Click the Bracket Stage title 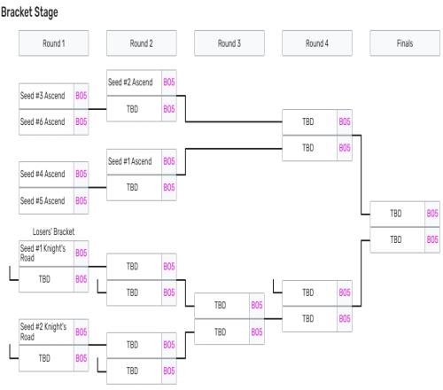(x=29, y=12)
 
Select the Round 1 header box (x=53, y=43)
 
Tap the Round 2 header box (x=142, y=43)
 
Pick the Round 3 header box (x=229, y=43)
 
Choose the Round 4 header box (x=317, y=43)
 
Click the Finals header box (x=405, y=43)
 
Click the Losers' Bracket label (x=53, y=231)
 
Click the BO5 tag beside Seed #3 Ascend (x=82, y=96)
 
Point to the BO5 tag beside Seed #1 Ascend (x=169, y=161)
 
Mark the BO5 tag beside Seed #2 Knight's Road (x=82, y=331)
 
